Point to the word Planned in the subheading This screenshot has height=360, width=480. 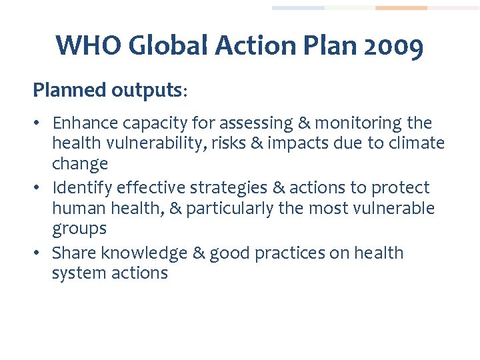click(69, 90)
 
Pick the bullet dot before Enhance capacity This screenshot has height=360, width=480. click(38, 124)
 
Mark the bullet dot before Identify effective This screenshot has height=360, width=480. click(38, 189)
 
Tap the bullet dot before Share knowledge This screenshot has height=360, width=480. click(38, 254)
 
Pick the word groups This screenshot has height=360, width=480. click(79, 229)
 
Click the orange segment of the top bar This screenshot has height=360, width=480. click(401, 8)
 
